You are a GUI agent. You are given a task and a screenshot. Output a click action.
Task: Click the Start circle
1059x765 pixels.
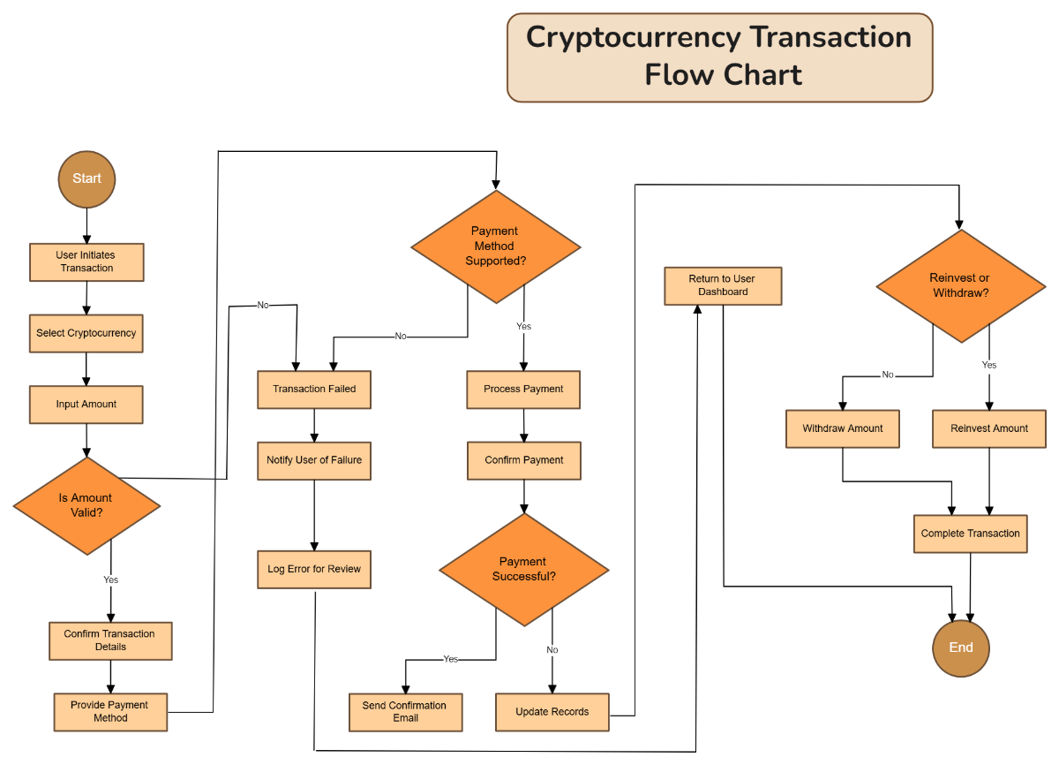(x=86, y=178)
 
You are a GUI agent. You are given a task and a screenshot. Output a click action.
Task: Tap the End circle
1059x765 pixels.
(x=960, y=648)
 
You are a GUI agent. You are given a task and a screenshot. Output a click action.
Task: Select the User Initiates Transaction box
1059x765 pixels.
(x=86, y=262)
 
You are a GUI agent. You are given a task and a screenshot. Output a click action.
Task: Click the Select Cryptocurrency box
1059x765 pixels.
(x=86, y=334)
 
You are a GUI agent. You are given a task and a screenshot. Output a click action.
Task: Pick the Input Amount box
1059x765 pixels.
(x=86, y=405)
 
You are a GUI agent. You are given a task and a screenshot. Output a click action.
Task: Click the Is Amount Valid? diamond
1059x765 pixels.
(x=86, y=505)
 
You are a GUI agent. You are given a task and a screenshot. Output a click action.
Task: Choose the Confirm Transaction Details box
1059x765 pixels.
(x=109, y=640)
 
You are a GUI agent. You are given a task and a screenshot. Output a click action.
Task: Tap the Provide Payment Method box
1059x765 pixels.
(x=109, y=712)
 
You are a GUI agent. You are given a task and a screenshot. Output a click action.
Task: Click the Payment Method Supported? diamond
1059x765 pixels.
(x=495, y=246)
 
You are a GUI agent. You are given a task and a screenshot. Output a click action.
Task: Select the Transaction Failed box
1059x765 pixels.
(x=314, y=390)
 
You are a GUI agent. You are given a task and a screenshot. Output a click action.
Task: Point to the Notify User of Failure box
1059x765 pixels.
(x=314, y=460)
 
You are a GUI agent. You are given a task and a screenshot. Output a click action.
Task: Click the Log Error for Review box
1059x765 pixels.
(x=314, y=570)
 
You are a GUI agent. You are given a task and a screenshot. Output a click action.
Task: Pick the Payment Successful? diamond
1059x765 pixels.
(x=524, y=570)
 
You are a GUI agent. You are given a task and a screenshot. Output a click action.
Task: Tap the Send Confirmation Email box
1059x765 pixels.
(x=405, y=712)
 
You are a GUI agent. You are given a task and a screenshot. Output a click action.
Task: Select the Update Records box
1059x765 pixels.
(x=552, y=712)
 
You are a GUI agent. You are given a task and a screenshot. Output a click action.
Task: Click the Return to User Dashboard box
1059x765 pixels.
(x=723, y=285)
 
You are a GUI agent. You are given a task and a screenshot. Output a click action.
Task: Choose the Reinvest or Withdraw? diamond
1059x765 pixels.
(x=960, y=285)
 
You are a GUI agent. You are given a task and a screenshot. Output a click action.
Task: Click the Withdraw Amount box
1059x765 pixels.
(x=842, y=428)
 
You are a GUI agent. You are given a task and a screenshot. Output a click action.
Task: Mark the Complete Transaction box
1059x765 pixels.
(x=970, y=534)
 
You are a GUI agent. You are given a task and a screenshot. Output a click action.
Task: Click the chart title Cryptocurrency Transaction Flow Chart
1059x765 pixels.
(x=719, y=57)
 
